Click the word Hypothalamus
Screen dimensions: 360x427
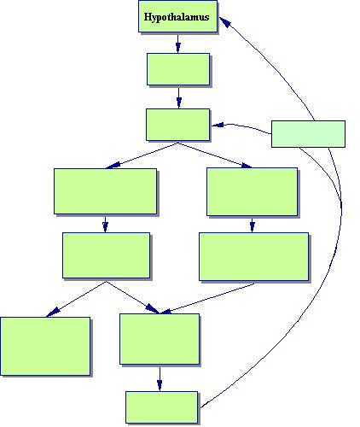177,17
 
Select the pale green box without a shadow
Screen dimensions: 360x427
308,134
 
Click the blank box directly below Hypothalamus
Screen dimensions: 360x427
178,69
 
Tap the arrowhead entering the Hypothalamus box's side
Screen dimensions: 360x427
224,21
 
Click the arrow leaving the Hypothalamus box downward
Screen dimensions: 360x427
178,44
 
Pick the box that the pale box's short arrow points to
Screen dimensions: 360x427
178,125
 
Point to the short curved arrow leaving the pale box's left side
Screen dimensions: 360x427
241,127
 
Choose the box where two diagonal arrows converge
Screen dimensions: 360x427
160,339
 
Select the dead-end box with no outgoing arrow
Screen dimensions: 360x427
45,346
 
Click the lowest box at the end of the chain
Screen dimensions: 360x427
162,407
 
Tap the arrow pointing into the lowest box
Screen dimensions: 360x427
160,379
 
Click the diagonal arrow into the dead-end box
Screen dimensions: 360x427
76,299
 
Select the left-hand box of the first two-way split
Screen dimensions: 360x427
105,191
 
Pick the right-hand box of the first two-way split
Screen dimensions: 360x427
253,192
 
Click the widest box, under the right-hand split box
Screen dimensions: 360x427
253,257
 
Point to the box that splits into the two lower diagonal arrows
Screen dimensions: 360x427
106,255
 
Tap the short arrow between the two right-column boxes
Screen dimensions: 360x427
252,225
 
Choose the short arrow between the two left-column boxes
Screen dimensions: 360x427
105,225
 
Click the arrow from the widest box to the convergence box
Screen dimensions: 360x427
207,298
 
